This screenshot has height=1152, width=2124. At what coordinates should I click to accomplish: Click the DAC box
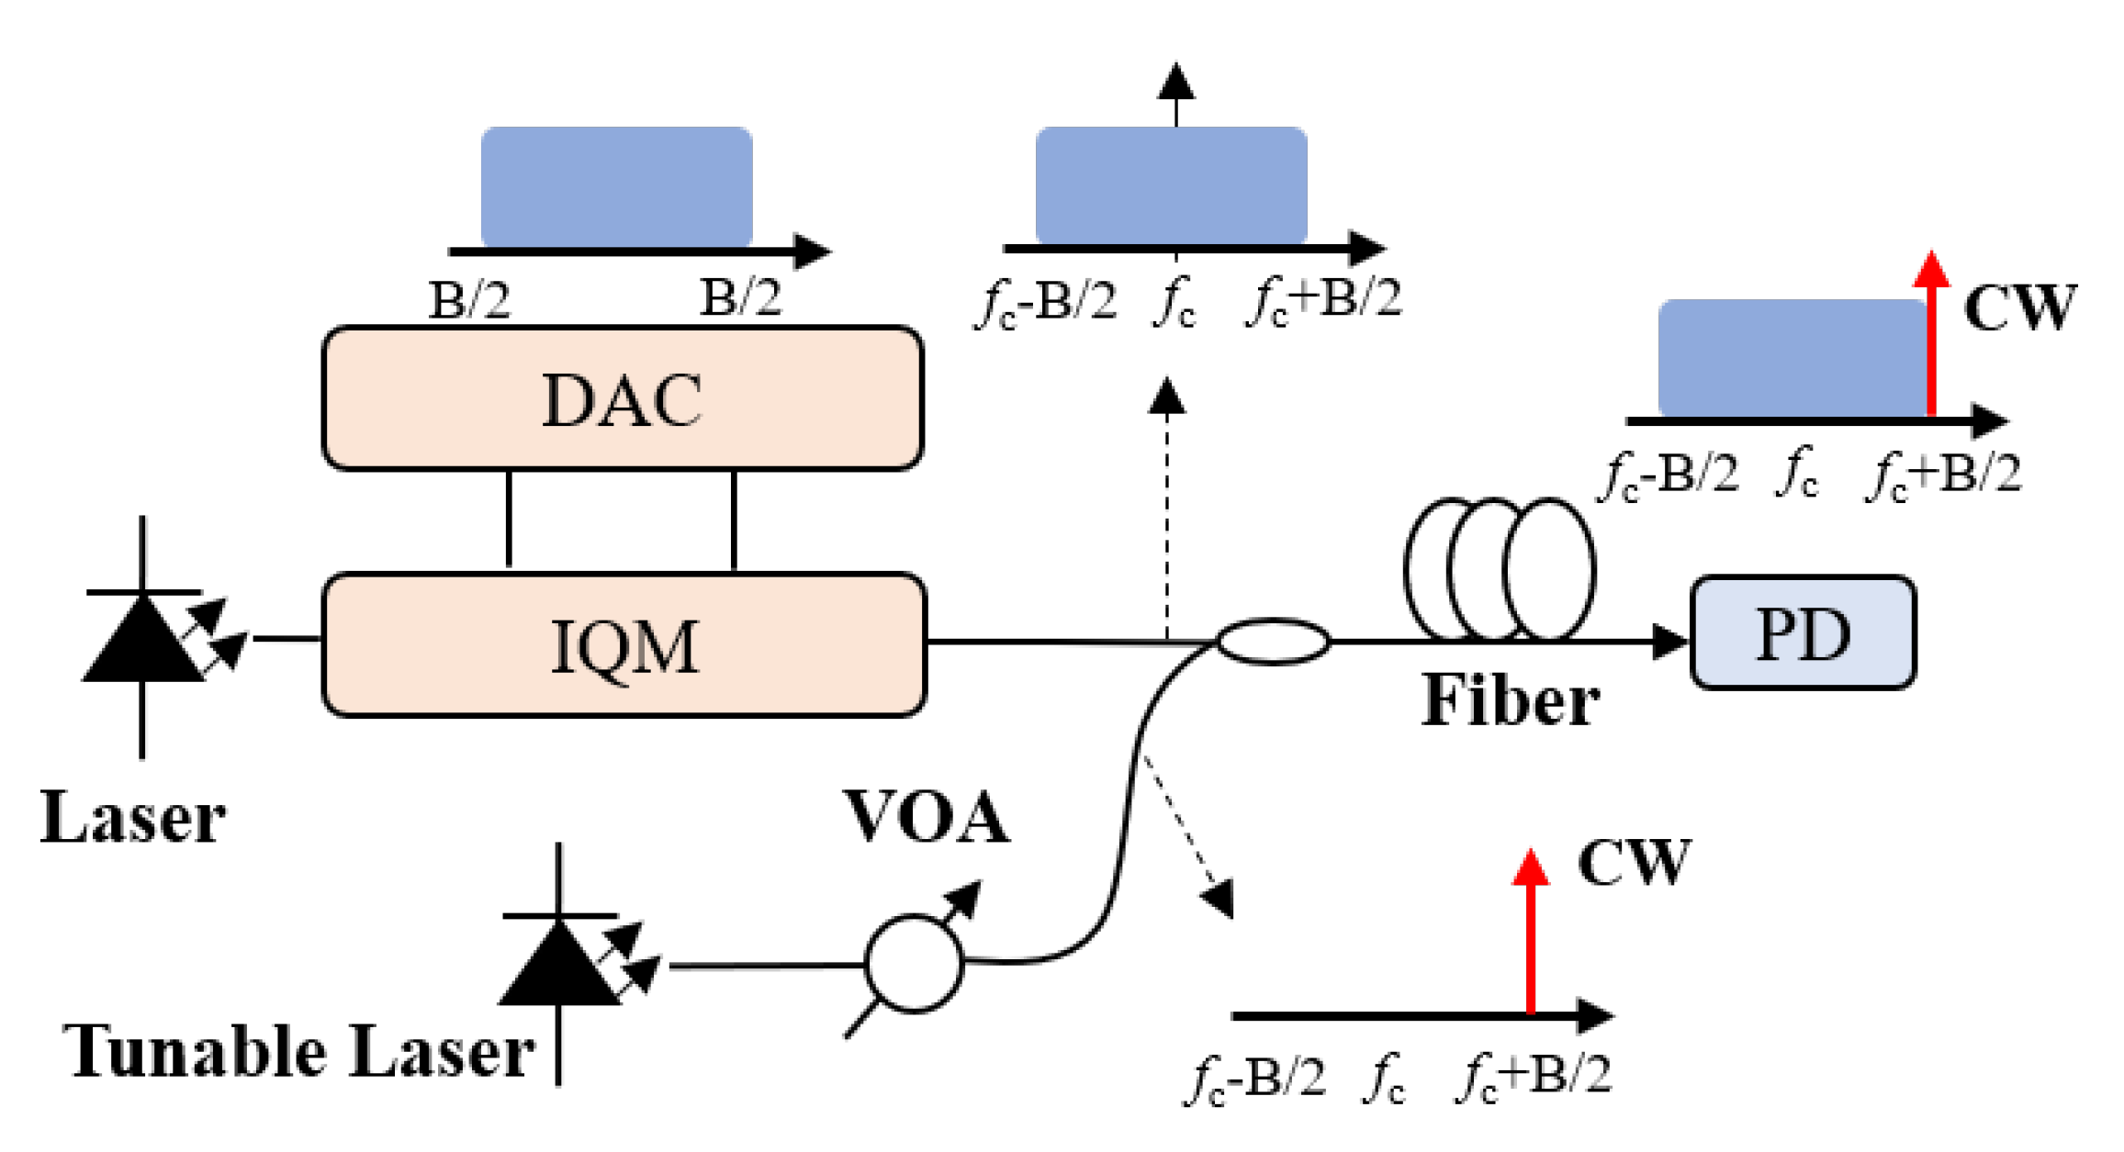(623, 399)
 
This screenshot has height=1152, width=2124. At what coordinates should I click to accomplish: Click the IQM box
(624, 645)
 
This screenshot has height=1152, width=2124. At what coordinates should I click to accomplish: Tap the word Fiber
(1510, 701)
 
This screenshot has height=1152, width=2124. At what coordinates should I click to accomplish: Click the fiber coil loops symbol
(1500, 569)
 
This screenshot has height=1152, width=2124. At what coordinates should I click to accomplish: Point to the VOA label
(926, 816)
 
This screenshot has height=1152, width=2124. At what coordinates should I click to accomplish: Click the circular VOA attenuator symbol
(915, 963)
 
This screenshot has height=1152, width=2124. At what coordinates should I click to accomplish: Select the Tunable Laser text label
(298, 1051)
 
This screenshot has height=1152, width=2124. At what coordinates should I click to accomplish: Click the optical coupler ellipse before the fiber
(1273, 642)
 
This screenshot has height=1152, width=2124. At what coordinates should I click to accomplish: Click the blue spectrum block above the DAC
(616, 186)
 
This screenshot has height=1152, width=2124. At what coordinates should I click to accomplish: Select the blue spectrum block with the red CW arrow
(1791, 358)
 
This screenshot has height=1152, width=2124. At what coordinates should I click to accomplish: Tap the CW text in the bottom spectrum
(1633, 863)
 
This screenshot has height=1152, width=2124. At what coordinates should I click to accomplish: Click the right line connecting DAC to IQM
(734, 520)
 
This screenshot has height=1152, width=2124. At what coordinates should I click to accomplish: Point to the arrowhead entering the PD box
(1669, 642)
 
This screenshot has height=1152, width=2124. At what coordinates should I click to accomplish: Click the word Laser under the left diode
(133, 817)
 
